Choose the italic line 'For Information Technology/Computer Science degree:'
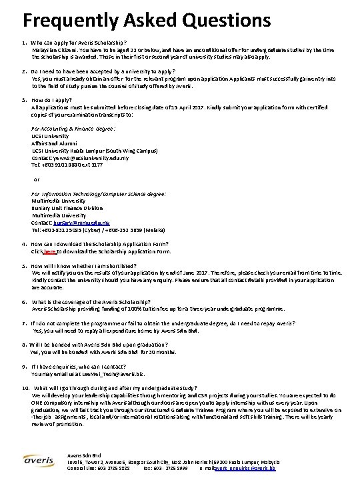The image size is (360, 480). pos(99,193)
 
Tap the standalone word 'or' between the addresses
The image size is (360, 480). pos(37,179)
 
